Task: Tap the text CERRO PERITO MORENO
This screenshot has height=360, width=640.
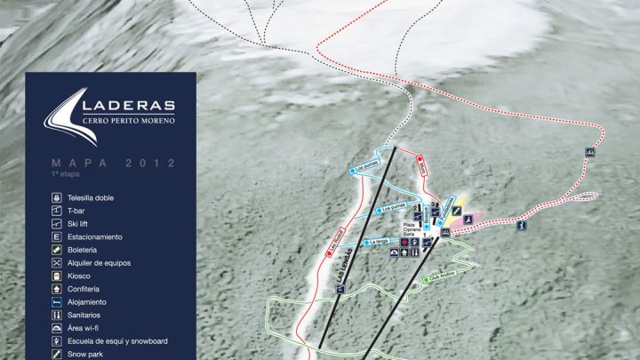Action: click(x=129, y=121)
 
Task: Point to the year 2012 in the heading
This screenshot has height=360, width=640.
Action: click(x=150, y=164)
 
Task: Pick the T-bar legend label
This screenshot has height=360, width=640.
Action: click(x=76, y=211)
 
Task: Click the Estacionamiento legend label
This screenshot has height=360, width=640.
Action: click(x=94, y=237)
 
